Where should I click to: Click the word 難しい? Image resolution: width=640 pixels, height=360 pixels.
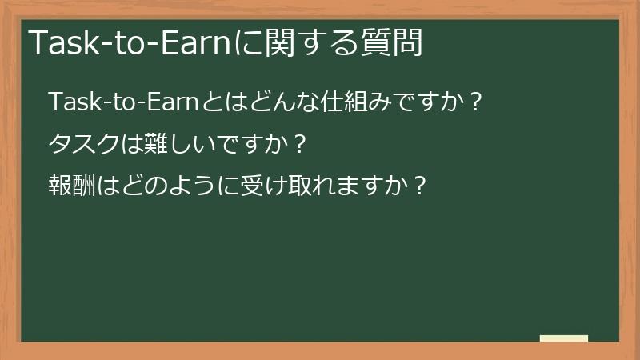pyautogui.click(x=170, y=145)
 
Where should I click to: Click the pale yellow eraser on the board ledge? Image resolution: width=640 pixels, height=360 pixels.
pyautogui.click(x=564, y=338)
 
